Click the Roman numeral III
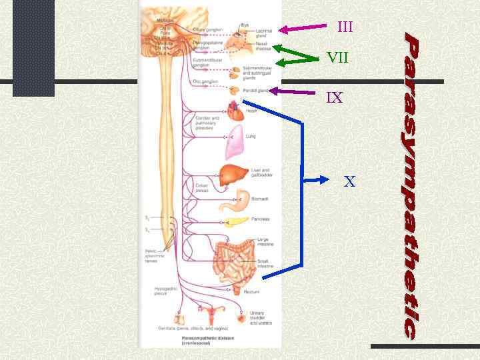[345, 27]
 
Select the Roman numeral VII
[337, 58]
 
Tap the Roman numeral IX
[334, 98]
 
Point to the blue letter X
[349, 181]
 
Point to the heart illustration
[236, 111]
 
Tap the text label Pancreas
[261, 219]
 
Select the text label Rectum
[252, 291]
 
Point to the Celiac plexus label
[202, 187]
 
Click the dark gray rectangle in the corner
[33, 47]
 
